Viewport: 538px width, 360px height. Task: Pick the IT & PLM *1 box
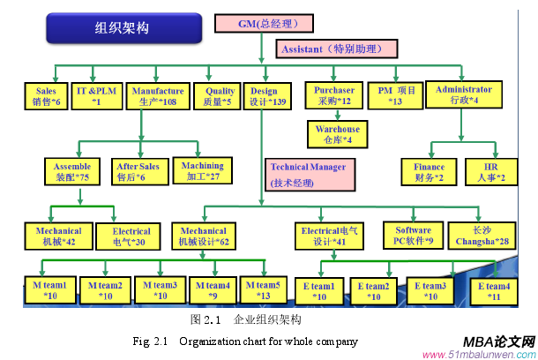(97, 96)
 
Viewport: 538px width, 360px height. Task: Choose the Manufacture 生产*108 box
(157, 96)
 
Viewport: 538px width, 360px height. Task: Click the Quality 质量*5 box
(220, 96)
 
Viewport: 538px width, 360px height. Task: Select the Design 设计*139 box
(267, 96)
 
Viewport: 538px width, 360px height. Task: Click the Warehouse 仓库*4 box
(336, 134)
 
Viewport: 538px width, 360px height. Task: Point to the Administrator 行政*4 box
(463, 95)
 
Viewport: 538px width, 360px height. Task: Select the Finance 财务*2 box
(430, 172)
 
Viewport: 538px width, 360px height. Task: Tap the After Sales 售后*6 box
(138, 171)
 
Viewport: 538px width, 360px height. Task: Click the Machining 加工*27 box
(201, 170)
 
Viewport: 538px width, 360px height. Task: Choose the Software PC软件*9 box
(412, 235)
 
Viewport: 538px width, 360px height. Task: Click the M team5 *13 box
(264, 290)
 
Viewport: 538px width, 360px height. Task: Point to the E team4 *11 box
(494, 291)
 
